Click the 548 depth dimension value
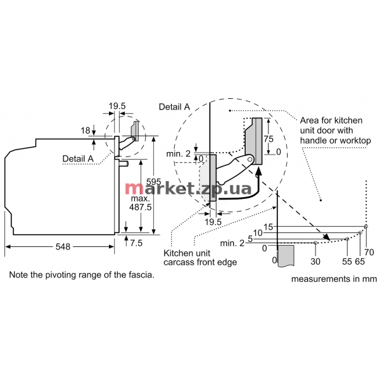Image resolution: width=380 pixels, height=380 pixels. click(63, 247)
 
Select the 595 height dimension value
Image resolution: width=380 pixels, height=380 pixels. click(154, 182)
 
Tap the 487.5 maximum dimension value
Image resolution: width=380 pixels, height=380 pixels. click(140, 207)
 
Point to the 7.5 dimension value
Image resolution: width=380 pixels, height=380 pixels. click(136, 243)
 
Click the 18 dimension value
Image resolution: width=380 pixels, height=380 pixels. click(85, 130)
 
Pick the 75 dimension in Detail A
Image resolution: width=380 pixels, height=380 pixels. click(269, 139)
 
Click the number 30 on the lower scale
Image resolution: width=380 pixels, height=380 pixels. click(315, 262)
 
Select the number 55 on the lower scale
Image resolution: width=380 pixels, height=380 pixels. click(347, 262)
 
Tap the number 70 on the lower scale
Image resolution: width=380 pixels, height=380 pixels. click(369, 253)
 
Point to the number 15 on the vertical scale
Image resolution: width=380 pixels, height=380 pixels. click(269, 227)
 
